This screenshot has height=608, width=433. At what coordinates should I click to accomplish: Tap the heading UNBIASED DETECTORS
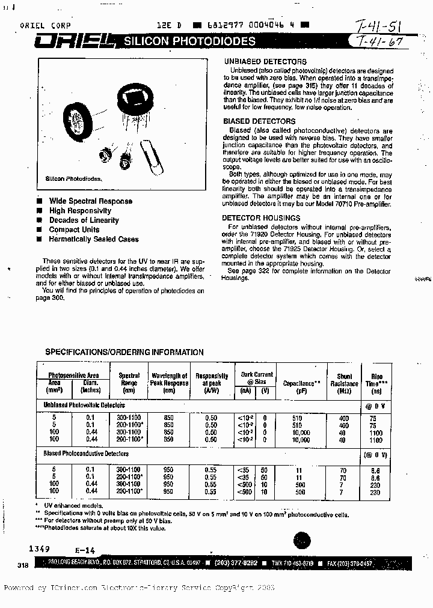click(265, 62)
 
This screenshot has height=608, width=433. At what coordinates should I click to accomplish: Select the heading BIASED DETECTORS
click(259, 121)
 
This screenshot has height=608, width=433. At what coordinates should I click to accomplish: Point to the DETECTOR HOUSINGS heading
click(261, 218)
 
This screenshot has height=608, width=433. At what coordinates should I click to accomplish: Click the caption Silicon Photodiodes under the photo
click(74, 179)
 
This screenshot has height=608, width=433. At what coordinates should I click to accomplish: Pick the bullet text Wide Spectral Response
click(90, 201)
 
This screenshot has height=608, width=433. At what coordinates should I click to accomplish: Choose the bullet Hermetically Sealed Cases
click(93, 239)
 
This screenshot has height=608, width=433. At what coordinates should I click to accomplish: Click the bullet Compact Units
click(74, 230)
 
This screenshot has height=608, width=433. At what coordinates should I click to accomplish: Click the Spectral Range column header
click(129, 383)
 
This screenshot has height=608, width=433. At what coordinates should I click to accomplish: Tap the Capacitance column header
click(302, 383)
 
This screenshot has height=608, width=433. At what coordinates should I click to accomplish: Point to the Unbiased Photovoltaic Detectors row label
click(84, 406)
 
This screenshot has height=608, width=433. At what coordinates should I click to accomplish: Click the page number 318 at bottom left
click(23, 565)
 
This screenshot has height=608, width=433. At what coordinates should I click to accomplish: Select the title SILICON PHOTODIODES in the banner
click(189, 41)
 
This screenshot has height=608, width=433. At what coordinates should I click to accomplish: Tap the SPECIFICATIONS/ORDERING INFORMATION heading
click(124, 352)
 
